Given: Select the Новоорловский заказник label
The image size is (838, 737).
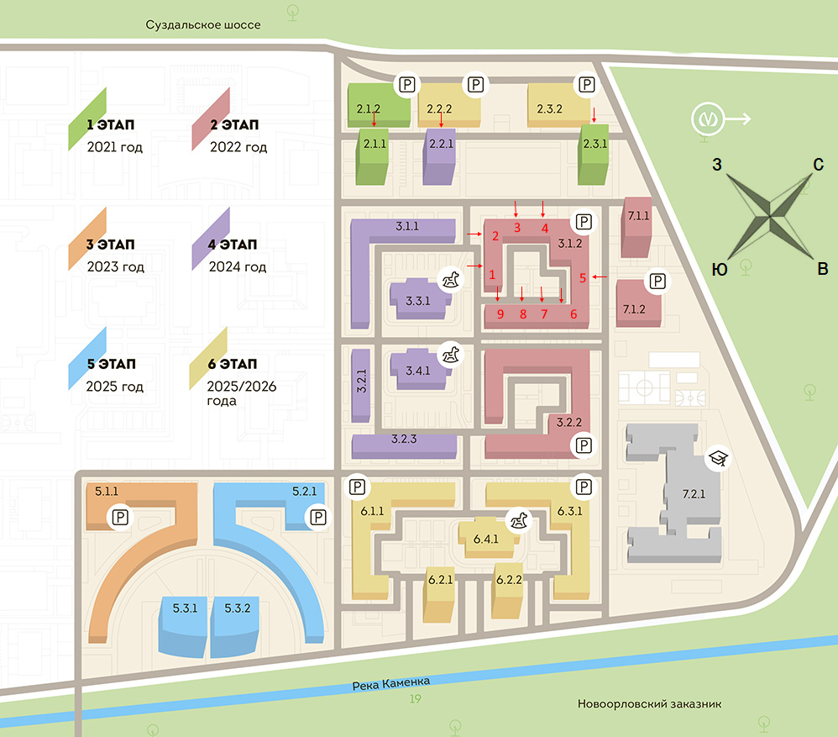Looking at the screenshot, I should pos(649,704).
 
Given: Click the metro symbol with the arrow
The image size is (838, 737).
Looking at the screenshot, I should pos(708,120).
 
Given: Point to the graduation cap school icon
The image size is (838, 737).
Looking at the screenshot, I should pos(718,458).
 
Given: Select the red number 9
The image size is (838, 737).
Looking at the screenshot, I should pos(500,314).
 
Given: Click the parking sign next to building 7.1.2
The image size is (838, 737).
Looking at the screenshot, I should pos(657,281).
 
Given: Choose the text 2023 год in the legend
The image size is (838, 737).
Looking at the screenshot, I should pos(116,267).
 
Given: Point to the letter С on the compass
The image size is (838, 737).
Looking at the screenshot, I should pos(817,166).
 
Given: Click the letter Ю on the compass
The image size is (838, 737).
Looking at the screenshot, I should pos(719,269).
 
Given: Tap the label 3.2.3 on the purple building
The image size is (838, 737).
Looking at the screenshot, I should pos(404,439).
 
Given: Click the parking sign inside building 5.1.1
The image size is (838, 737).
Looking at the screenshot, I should pos(121,517).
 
